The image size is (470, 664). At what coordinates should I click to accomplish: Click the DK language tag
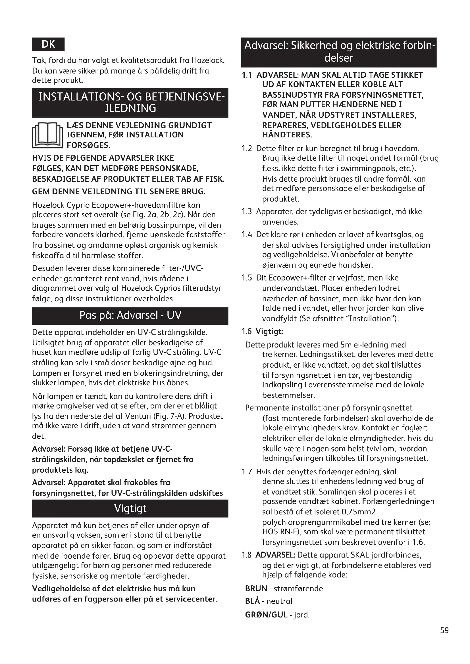click(x=48, y=44)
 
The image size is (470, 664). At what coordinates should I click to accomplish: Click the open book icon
click(x=47, y=135)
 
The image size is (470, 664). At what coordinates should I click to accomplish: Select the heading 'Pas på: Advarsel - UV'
click(x=130, y=315)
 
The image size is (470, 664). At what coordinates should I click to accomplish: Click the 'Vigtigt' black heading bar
click(x=130, y=508)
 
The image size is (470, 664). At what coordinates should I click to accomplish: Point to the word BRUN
click(x=256, y=588)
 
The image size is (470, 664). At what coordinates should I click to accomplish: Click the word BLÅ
click(x=253, y=601)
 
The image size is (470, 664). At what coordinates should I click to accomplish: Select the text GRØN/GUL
click(x=266, y=615)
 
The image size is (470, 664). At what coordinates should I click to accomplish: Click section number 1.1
click(x=247, y=75)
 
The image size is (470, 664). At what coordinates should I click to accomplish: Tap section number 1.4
click(x=247, y=234)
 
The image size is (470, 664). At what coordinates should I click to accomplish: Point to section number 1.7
click(x=247, y=472)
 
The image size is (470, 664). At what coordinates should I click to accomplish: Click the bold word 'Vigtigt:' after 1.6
click(x=269, y=331)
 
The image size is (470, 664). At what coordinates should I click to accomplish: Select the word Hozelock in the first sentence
click(x=208, y=60)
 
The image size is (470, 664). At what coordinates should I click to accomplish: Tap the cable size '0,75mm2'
click(x=359, y=512)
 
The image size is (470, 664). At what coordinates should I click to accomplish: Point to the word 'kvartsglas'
click(x=392, y=234)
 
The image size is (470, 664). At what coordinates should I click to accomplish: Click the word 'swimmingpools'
click(x=360, y=168)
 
